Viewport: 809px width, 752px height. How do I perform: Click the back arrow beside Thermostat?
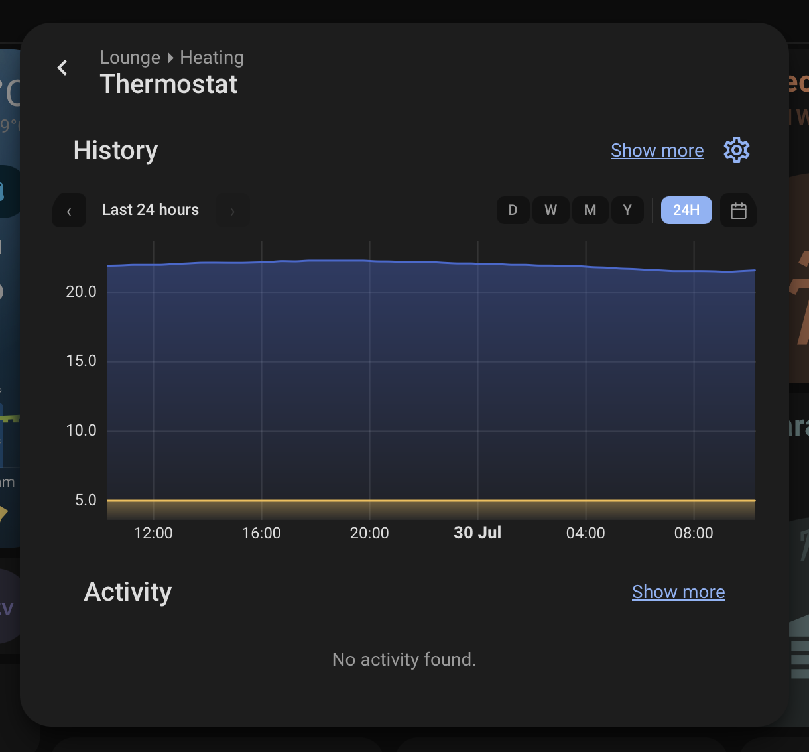click(62, 68)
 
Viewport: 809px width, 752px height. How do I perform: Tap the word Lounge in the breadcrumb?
click(130, 58)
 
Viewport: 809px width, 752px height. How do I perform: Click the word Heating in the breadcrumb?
click(212, 58)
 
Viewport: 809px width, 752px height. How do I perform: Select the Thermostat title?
click(168, 84)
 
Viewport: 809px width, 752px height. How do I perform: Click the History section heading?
click(115, 151)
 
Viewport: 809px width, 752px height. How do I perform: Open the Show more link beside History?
click(657, 151)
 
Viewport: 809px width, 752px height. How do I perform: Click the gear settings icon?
click(737, 150)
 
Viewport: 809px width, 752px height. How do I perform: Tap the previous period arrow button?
click(69, 210)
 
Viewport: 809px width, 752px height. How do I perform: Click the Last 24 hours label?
click(151, 210)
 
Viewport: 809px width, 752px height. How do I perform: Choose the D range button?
click(513, 210)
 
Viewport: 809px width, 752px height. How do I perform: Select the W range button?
click(551, 210)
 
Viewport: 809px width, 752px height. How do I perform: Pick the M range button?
click(590, 210)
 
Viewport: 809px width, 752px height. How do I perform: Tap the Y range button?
click(627, 210)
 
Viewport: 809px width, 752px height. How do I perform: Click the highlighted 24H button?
click(686, 210)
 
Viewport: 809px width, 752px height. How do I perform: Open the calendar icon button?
click(739, 210)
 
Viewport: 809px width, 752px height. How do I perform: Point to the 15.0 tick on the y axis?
click(81, 361)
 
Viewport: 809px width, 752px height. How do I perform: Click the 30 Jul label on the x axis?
click(477, 533)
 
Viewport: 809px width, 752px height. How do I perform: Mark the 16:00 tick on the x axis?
click(261, 533)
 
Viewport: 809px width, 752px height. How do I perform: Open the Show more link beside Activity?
click(678, 592)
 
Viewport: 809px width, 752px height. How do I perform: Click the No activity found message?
click(404, 660)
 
